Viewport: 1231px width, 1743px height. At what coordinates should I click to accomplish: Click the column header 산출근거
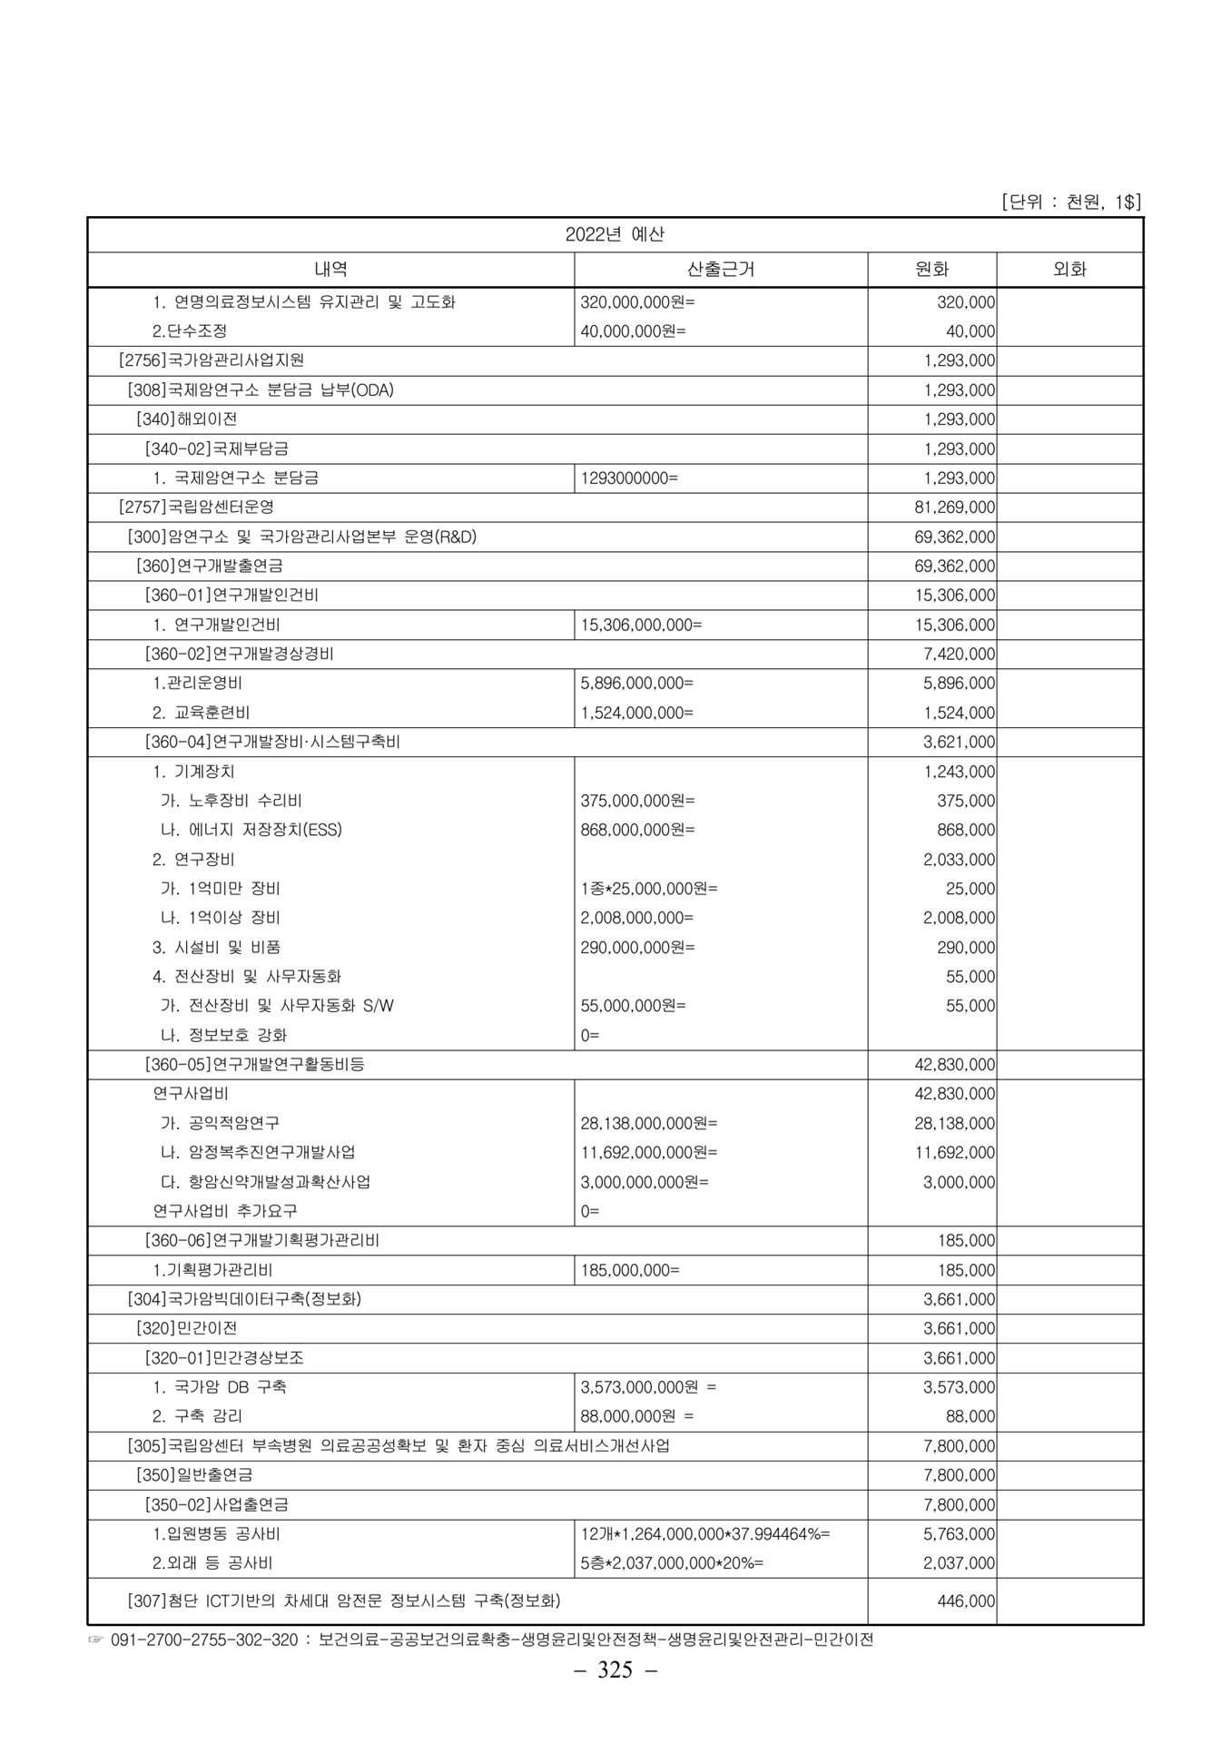721,269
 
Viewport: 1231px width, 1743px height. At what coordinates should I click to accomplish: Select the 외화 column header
1069,269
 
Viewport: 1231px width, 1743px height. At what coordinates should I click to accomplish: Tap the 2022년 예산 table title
615,234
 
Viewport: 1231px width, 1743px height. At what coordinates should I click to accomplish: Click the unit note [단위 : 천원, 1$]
1070,202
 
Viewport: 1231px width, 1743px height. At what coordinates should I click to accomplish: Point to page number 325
615,1669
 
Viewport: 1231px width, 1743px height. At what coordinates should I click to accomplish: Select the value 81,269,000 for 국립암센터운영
954,507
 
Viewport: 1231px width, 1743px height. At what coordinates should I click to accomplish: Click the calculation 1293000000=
629,478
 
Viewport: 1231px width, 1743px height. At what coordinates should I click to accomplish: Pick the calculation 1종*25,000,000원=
649,888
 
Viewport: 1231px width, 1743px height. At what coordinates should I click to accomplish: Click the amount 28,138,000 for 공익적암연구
954,1123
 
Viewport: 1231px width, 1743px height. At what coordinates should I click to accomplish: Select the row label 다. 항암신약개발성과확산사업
265,1182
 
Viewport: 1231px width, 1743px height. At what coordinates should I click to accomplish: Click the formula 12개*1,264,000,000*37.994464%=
705,1533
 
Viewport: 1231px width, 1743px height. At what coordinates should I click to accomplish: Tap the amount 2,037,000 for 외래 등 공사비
959,1562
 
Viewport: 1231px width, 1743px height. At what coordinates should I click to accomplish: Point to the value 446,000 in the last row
966,1600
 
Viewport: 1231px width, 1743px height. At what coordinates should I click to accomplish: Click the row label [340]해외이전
186,419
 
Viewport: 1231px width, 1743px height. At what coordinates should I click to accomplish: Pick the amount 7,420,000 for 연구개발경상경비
959,654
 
